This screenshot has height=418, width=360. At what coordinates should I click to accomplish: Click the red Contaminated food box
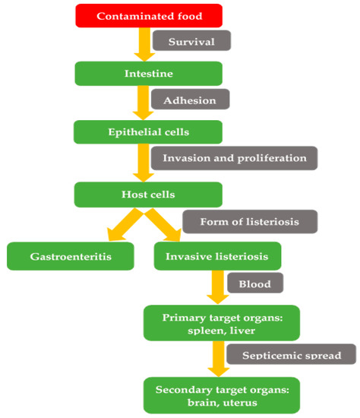point(149,15)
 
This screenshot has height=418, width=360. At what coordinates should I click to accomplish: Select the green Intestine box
point(149,74)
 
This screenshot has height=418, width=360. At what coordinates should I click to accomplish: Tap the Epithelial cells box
point(149,131)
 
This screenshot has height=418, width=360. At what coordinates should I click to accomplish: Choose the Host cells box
point(149,195)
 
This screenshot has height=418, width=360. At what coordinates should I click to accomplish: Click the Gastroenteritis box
point(71,256)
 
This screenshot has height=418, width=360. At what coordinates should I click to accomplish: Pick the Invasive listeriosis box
point(216,256)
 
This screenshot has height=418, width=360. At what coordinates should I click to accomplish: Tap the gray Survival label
point(191,41)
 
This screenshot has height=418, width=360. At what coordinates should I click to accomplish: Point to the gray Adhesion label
point(191,100)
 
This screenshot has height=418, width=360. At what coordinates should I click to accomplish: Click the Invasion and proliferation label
point(234,158)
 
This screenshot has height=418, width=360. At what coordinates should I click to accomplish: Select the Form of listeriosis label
point(250,221)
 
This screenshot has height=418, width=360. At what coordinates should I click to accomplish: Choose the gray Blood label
point(254,283)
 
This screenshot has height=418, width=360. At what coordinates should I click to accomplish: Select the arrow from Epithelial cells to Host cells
point(141,163)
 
